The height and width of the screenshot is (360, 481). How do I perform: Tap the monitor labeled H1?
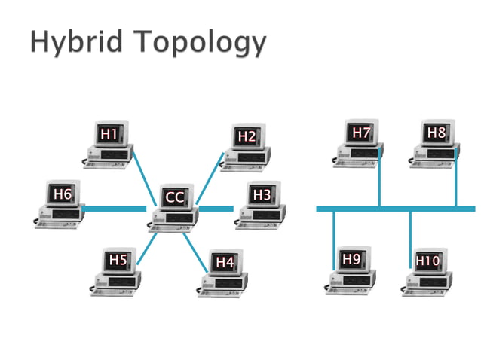pyautogui.click(x=109, y=135)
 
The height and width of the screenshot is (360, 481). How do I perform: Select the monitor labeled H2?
pyautogui.click(x=247, y=136)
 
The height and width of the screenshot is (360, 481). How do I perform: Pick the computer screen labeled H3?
pyautogui.click(x=262, y=195)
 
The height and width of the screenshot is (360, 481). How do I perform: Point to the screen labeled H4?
pyautogui.click(x=225, y=262)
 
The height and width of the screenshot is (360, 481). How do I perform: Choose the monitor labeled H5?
pyautogui.click(x=118, y=260)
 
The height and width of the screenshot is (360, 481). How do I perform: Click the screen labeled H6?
pyautogui.click(x=62, y=194)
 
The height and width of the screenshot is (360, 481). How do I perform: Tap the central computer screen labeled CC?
pyautogui.click(x=174, y=197)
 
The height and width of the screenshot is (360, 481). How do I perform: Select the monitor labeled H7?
pyautogui.click(x=362, y=133)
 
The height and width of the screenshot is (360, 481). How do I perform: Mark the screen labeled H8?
pyautogui.click(x=437, y=133)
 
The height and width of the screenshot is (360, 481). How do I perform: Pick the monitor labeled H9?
pyautogui.click(x=351, y=260)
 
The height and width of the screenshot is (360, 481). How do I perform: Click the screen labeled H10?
pyautogui.click(x=427, y=261)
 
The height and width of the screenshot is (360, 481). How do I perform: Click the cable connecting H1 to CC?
pyautogui.click(x=144, y=167)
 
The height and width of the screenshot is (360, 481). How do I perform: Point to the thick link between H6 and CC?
pyautogui.click(x=113, y=209)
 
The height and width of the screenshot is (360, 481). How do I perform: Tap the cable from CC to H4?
pyautogui.click(x=195, y=252)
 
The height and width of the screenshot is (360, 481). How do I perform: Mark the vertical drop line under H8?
pyautogui.click(x=455, y=181)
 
